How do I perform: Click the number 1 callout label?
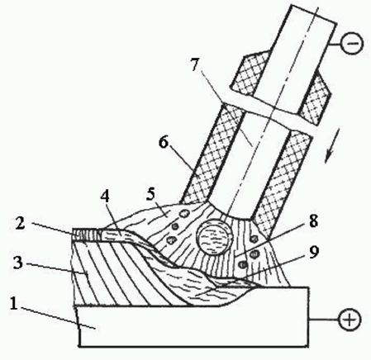click(14, 304)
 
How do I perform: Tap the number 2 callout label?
click(20, 224)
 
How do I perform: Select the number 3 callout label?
click(18, 262)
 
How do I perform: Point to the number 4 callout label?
click(105, 197)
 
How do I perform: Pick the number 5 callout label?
click(150, 194)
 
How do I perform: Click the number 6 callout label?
click(164, 142)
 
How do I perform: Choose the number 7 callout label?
click(194, 65)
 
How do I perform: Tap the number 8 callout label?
click(313, 221)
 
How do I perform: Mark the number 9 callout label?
click(313, 252)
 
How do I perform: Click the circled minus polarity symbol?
click(352, 44)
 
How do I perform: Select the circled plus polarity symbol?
click(350, 320)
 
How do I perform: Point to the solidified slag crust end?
click(85, 234)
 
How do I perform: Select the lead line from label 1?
click(58, 317)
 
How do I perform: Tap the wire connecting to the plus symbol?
click(324, 320)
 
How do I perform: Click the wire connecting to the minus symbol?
click(335, 44)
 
